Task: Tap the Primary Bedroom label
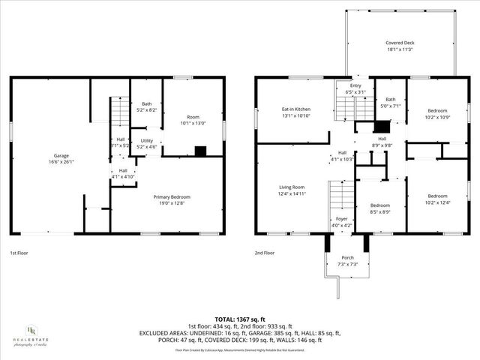(172, 196)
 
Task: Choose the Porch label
(347, 257)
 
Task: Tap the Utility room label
(147, 140)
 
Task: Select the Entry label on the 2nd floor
(355, 86)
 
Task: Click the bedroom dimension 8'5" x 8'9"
(379, 211)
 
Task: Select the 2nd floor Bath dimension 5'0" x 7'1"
(390, 106)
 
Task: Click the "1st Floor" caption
(20, 253)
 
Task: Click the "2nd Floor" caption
(265, 253)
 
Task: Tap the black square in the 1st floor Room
(200, 151)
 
